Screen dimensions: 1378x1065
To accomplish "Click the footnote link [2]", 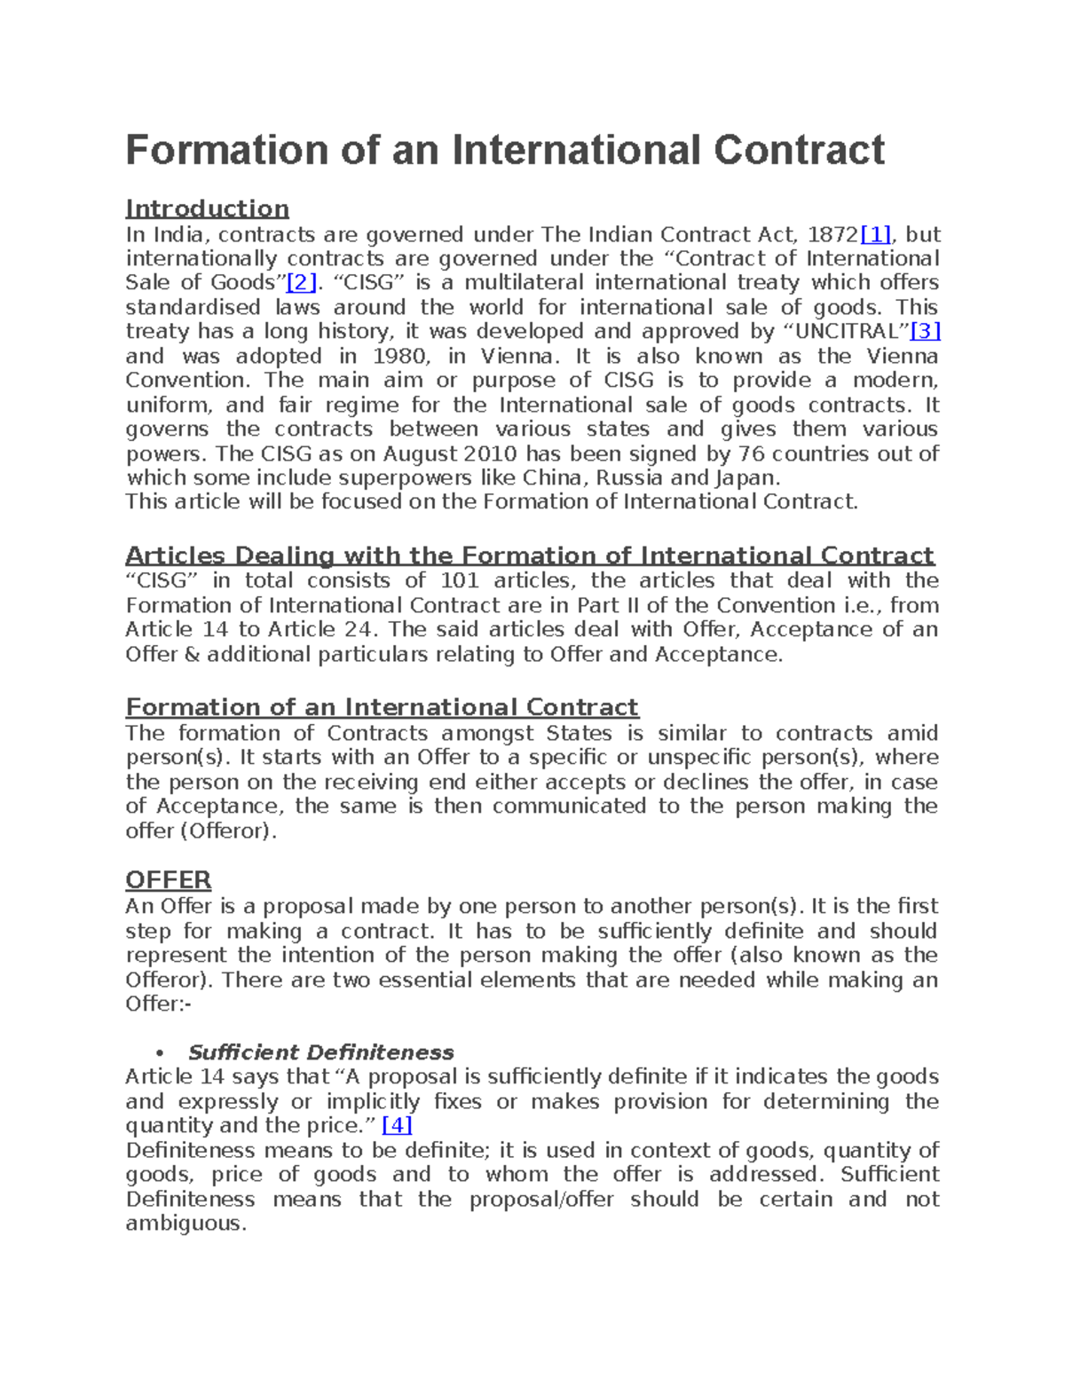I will [301, 283].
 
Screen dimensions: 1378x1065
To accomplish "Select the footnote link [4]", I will [397, 1126].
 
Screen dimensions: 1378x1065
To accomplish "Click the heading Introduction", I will [207, 209].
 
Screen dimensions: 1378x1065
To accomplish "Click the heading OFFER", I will [169, 880].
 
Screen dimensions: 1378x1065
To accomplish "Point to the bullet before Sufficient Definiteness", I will [161, 1054].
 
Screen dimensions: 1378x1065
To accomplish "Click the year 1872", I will [834, 235].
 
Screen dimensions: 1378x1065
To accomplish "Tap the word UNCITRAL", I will [847, 332].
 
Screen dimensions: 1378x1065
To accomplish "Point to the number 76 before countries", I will [738, 454].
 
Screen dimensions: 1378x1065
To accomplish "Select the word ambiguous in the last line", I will [184, 1224].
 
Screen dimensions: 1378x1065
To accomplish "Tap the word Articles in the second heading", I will [175, 556].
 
